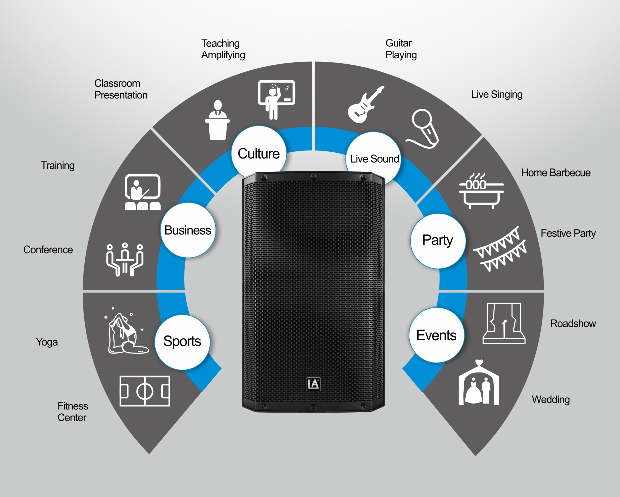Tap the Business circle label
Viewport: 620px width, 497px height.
point(188,230)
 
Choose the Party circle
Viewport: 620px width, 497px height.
point(438,241)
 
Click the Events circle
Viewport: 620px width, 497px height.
point(436,335)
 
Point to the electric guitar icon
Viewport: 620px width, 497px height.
point(365,105)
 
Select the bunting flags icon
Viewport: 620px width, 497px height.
point(500,249)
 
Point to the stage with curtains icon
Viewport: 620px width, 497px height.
point(504,323)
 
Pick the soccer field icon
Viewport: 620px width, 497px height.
point(145,391)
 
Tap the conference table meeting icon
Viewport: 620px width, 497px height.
point(125,259)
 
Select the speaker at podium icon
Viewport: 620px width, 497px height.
point(217,120)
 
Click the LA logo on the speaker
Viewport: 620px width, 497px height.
point(313,384)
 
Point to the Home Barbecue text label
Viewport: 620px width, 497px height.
point(555,172)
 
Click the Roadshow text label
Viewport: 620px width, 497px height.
point(573,323)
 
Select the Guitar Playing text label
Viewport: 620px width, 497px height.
point(401,49)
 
